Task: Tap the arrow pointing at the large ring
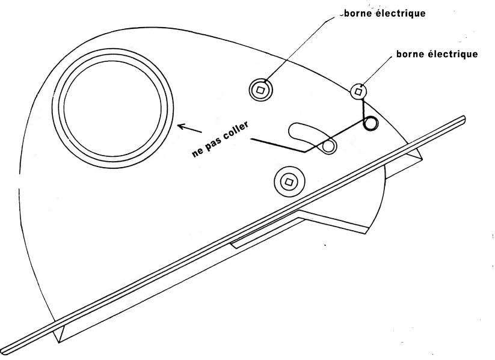[x=189, y=129]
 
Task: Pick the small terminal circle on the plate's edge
[x=358, y=91]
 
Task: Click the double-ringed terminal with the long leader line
[x=260, y=90]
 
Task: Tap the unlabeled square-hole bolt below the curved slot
[x=289, y=182]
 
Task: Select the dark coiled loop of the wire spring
[x=370, y=123]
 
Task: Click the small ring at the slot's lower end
[x=328, y=147]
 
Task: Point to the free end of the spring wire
[x=251, y=139]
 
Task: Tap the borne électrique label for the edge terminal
[x=437, y=54]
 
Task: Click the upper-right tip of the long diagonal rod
[x=464, y=118]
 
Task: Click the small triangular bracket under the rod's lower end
[x=60, y=333]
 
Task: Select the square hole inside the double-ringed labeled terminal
[x=260, y=90]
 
